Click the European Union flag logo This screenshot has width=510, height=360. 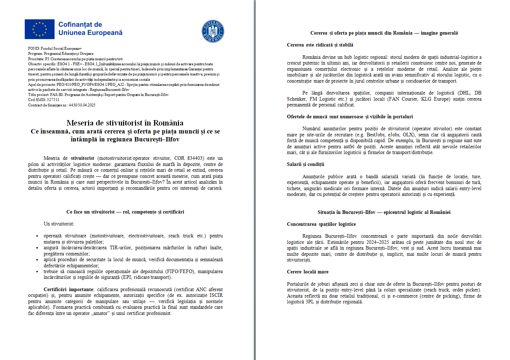[x=39, y=29]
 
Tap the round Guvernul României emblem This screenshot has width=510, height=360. [x=213, y=31]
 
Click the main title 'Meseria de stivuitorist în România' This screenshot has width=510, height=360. [x=125, y=123]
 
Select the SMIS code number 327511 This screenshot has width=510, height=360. [x=53, y=100]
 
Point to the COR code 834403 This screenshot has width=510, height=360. [x=195, y=158]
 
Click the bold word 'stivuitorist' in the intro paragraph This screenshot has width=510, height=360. [x=82, y=158]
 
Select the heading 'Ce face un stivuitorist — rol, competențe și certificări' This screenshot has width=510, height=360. [x=125, y=212]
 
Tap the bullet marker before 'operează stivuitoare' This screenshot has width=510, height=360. [x=37, y=236]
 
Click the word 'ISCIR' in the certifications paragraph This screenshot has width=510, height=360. [x=216, y=295]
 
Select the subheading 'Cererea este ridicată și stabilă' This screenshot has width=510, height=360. [x=320, y=45]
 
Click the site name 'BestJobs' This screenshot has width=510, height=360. [x=375, y=135]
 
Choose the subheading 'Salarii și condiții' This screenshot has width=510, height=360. [x=305, y=164]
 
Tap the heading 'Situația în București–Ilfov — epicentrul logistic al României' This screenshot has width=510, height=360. [x=384, y=212]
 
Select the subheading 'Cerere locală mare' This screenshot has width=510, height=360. [x=308, y=272]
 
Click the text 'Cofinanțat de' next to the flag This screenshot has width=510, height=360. [x=80, y=25]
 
